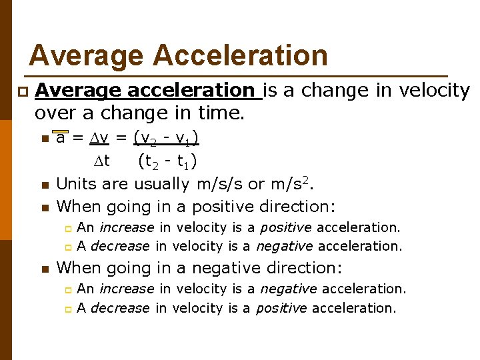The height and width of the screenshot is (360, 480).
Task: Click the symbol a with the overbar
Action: tap(61, 138)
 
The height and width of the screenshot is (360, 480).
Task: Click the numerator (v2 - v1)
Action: tap(167, 138)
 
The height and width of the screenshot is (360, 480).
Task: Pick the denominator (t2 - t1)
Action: tap(167, 161)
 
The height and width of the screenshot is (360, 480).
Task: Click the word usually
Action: tap(164, 183)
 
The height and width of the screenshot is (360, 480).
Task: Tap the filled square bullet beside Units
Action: tap(44, 185)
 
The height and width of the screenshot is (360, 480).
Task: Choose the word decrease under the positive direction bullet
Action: tap(120, 246)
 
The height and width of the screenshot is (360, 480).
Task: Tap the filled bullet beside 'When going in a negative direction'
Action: tap(44, 269)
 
